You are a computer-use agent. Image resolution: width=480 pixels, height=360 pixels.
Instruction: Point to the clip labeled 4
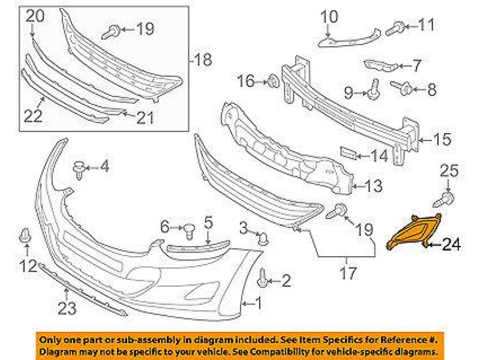[x=80, y=168]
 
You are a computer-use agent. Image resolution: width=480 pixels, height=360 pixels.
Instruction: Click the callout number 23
[x=67, y=310]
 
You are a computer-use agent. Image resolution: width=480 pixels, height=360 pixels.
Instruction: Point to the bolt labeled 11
[x=397, y=26]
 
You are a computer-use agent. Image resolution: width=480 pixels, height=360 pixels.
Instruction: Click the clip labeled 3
[x=262, y=238]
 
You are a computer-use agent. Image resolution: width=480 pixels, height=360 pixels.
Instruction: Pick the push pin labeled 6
[x=190, y=229]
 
